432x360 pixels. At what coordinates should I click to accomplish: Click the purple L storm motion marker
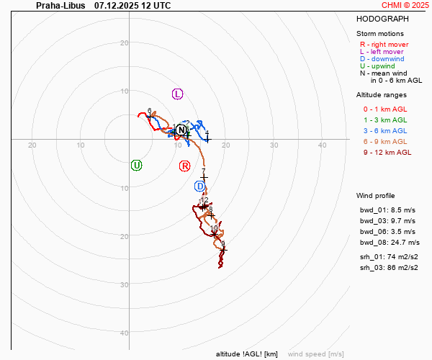point(178,94)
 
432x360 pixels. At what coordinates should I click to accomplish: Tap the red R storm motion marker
point(185,166)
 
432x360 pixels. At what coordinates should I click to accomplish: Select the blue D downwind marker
point(200,186)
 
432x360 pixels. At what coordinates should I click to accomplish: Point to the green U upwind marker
point(136,166)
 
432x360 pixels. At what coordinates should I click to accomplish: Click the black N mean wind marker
point(181,130)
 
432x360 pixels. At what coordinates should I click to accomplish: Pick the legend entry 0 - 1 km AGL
point(387,109)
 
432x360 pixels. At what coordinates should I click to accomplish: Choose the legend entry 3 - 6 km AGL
point(387,131)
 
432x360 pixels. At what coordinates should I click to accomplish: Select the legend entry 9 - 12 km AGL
point(387,153)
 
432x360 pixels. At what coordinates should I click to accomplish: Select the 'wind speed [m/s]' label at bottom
point(315,354)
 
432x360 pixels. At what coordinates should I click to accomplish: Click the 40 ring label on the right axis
point(323,145)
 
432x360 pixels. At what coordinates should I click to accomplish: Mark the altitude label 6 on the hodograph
point(150,110)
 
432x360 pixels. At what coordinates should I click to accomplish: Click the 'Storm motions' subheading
point(380,34)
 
